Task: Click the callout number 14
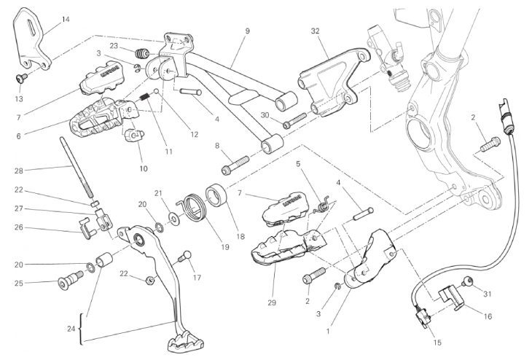tap(66, 19)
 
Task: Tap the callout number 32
tap(315, 31)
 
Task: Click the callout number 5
tap(297, 165)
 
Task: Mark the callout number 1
tap(328, 330)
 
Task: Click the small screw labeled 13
tap(22, 78)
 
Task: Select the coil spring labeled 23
tap(143, 52)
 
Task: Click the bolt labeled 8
tap(235, 163)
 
